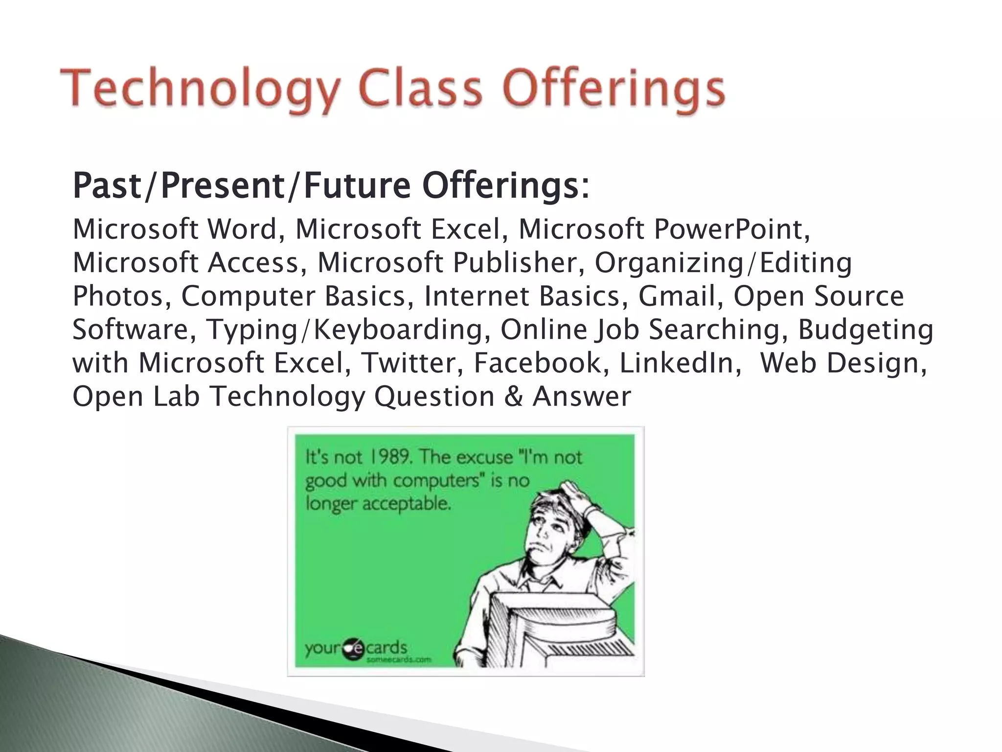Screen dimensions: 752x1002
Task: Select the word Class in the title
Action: (x=419, y=88)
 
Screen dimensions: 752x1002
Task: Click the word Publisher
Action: (x=514, y=263)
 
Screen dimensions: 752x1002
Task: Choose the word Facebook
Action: (x=541, y=363)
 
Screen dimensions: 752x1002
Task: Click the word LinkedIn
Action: (x=680, y=363)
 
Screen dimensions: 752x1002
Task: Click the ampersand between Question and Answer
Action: (x=513, y=396)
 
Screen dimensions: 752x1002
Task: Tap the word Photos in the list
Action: (x=122, y=296)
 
